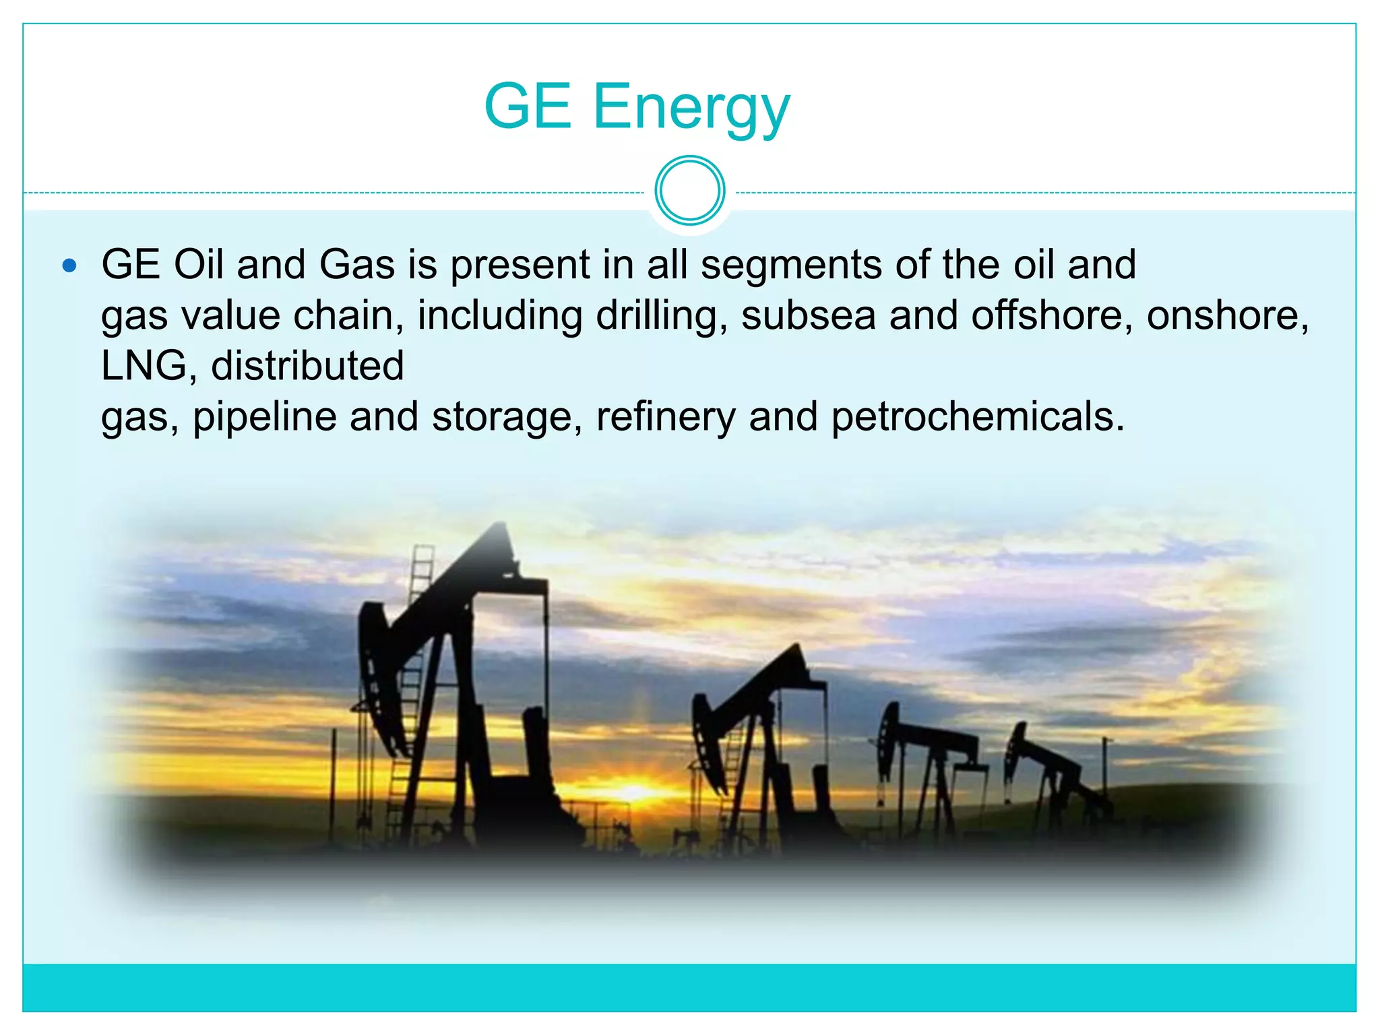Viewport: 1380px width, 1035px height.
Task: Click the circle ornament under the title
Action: [690, 191]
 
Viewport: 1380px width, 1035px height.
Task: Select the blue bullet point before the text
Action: [69, 265]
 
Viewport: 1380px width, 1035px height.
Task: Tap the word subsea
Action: [808, 316]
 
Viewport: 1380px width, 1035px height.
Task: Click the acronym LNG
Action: [144, 366]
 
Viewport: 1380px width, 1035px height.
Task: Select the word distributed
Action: [307, 366]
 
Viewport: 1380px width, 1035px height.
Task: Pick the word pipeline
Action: [265, 417]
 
